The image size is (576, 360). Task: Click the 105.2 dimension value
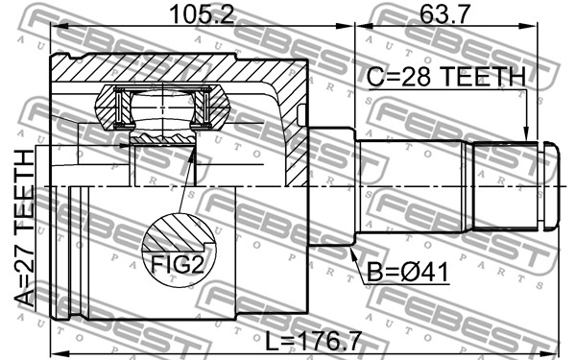(202, 14)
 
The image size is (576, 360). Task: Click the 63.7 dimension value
(444, 14)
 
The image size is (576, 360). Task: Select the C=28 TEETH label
(446, 77)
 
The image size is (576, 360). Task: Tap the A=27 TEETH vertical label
(25, 228)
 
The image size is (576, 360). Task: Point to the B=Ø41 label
(407, 273)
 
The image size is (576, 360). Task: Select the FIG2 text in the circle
(178, 264)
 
